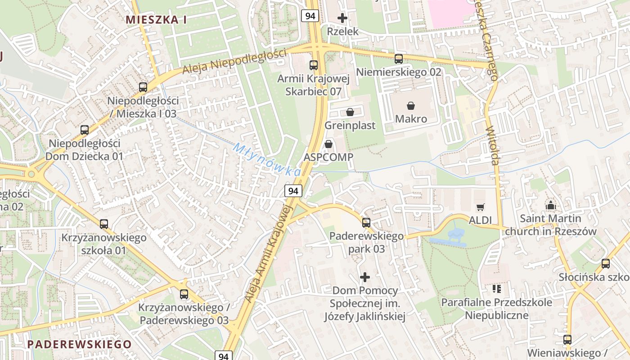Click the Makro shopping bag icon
click(411, 106)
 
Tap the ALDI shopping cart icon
click(481, 207)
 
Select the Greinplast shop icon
click(350, 112)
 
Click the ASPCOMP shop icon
click(328, 144)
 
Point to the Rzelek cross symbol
click(342, 18)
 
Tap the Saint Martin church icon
click(550, 206)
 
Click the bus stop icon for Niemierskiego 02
click(398, 58)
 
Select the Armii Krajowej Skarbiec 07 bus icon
click(314, 65)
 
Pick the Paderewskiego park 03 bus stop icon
click(366, 222)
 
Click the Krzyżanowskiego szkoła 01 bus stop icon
click(104, 224)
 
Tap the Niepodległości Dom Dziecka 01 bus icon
click(85, 130)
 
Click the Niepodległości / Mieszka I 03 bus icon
click(143, 87)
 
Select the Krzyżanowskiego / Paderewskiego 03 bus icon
click(184, 294)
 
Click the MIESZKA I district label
click(156, 20)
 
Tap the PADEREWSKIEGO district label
click(80, 344)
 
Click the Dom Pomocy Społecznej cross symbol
click(365, 277)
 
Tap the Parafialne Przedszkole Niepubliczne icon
click(497, 288)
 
